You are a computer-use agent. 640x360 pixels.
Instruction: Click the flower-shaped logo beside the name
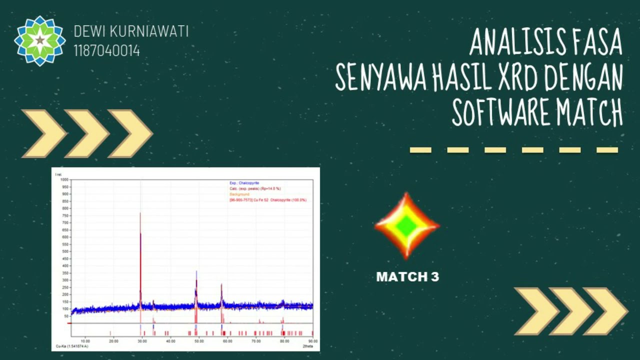pos(39,40)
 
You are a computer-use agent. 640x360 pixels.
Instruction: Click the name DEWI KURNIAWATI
pos(131,31)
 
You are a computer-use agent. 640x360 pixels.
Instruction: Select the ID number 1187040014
pos(107,50)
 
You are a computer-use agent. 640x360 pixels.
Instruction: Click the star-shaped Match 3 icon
pos(407,225)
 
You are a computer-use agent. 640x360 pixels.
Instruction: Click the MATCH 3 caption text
pos(407,277)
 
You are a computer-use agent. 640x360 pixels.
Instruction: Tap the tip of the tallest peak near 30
pos(140,213)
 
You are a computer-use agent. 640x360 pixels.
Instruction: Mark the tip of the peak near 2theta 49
pos(196,272)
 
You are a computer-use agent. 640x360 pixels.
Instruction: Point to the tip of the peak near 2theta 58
pos(221,284)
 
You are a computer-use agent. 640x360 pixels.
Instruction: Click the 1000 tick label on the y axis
pos(64,179)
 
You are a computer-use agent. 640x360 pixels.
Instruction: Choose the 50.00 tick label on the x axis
pos(199,341)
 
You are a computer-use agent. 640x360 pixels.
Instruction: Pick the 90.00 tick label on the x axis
pos(312,341)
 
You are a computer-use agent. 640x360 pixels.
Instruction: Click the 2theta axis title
pos(307,346)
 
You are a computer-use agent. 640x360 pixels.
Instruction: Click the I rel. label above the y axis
pos(57,174)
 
